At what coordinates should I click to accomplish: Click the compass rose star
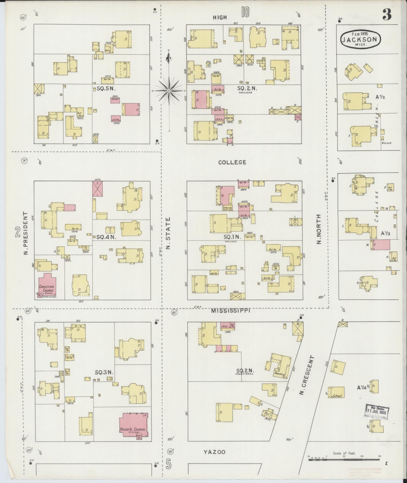tap(169, 90)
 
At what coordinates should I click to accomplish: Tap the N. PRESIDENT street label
tap(25, 233)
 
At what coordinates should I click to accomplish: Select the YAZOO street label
tap(214, 452)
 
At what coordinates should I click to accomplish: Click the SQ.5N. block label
tap(106, 89)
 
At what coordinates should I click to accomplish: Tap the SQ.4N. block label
tap(106, 237)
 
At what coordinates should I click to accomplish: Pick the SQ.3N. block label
tap(104, 372)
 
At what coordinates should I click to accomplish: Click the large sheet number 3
tap(387, 14)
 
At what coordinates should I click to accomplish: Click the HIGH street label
tap(220, 17)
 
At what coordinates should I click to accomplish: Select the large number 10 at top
tap(245, 12)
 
